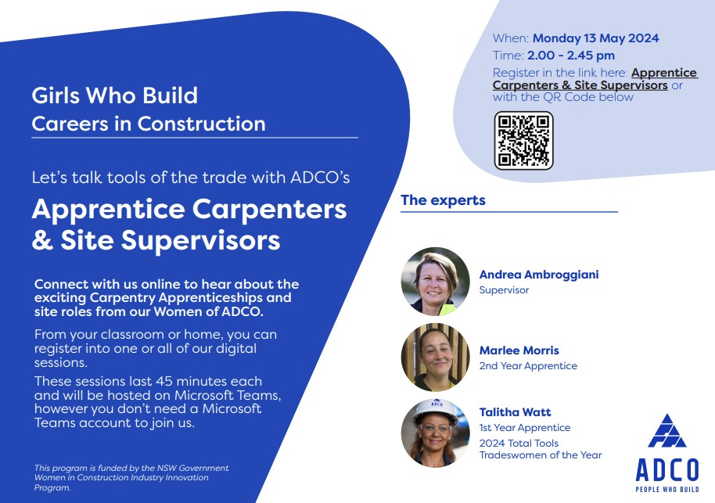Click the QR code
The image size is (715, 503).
(523, 141)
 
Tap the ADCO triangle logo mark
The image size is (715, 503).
(667, 431)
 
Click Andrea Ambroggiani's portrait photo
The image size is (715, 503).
(435, 282)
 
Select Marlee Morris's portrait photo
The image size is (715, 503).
(435, 357)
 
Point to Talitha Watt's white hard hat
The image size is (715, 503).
(436, 411)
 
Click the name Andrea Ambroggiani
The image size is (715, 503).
(539, 275)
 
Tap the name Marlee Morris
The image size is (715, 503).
(519, 350)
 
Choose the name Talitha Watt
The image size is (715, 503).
(515, 412)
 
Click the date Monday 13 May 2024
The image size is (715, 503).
(596, 38)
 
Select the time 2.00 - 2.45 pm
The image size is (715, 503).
(571, 56)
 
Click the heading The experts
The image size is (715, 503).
(443, 200)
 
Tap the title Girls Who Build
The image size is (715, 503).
(114, 95)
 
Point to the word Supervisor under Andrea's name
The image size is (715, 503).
(504, 290)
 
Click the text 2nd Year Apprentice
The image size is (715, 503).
(528, 366)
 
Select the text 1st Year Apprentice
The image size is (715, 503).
(525, 428)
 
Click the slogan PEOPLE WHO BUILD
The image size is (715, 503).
(667, 490)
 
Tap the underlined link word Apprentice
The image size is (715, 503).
(664, 73)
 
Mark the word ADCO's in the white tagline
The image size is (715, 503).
(320, 178)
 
